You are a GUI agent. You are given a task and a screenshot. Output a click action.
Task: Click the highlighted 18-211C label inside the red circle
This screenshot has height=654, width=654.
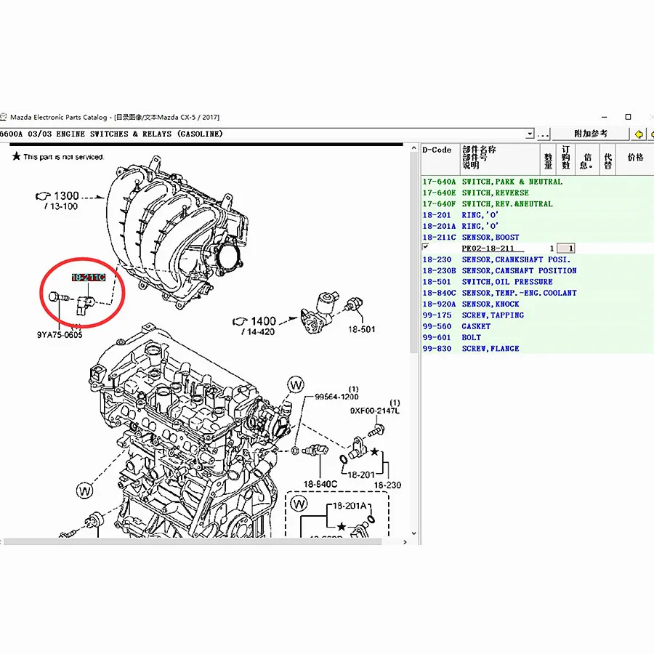[88, 278]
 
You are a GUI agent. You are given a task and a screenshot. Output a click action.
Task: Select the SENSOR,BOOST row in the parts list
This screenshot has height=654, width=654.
[490, 237]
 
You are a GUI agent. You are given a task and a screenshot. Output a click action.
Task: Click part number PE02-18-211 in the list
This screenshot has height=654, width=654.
[488, 249]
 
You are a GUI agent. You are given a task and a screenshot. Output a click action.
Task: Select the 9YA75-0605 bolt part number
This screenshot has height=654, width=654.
[60, 335]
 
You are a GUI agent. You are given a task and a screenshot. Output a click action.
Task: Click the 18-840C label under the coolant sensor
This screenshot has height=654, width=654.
[320, 484]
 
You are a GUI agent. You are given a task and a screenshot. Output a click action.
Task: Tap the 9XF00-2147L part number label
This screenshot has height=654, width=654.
[374, 411]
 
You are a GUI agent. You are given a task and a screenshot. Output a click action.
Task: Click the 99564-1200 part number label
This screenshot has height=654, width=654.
[336, 397]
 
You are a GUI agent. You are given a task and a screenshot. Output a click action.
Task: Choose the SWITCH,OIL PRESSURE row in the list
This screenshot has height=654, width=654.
[507, 282]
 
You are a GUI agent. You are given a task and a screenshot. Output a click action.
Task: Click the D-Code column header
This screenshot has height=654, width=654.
[437, 150]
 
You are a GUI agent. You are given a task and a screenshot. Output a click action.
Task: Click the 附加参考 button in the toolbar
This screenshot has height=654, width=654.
[590, 134]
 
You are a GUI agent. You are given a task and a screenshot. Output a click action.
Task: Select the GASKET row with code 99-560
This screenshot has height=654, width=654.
[476, 326]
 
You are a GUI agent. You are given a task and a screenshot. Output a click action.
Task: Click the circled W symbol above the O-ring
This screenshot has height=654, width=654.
[296, 383]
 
